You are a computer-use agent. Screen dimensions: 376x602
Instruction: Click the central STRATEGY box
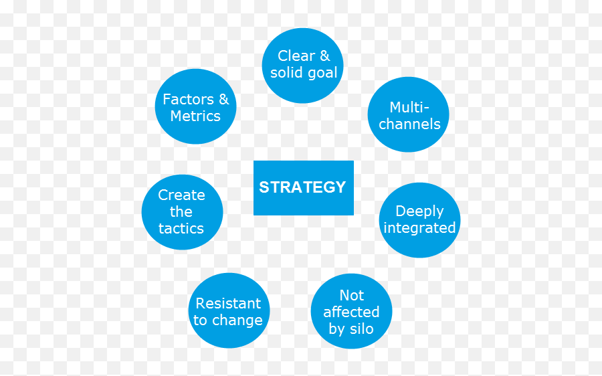coord(303,188)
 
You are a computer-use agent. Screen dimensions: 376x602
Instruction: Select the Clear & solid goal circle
coord(303,66)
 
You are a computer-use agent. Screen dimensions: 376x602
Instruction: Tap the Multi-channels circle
coord(409,115)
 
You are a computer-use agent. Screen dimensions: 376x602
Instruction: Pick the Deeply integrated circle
coord(419,219)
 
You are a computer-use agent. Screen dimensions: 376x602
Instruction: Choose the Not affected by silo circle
coord(351,312)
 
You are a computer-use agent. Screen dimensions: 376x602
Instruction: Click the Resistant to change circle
coord(228,311)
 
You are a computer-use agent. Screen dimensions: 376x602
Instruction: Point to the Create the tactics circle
coord(181,212)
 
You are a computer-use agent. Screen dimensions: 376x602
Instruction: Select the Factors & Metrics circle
coord(195,107)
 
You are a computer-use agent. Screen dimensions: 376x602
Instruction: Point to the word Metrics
coord(195,116)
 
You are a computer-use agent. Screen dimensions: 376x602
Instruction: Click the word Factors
coord(188,100)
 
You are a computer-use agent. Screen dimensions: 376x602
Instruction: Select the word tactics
coord(181,229)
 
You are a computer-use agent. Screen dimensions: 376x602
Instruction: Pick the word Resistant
coord(228,304)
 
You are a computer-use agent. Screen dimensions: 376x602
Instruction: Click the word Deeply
coord(419,211)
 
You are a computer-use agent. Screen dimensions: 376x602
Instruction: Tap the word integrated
coord(419,228)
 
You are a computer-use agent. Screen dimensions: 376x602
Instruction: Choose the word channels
coord(409,124)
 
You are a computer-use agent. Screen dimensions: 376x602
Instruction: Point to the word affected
coord(351,312)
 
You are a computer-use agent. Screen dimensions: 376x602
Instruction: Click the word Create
coord(181,195)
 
